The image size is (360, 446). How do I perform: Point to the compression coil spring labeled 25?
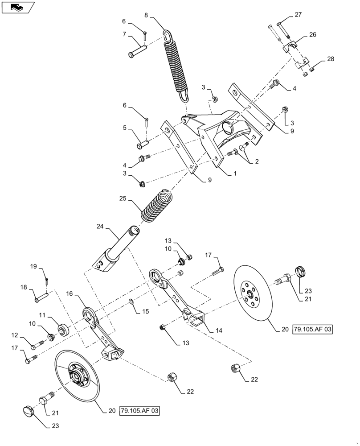point(156,206)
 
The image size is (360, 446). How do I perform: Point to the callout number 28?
point(330,59)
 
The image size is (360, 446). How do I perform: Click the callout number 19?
point(33,267)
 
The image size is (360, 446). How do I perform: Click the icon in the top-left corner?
point(17,7)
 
